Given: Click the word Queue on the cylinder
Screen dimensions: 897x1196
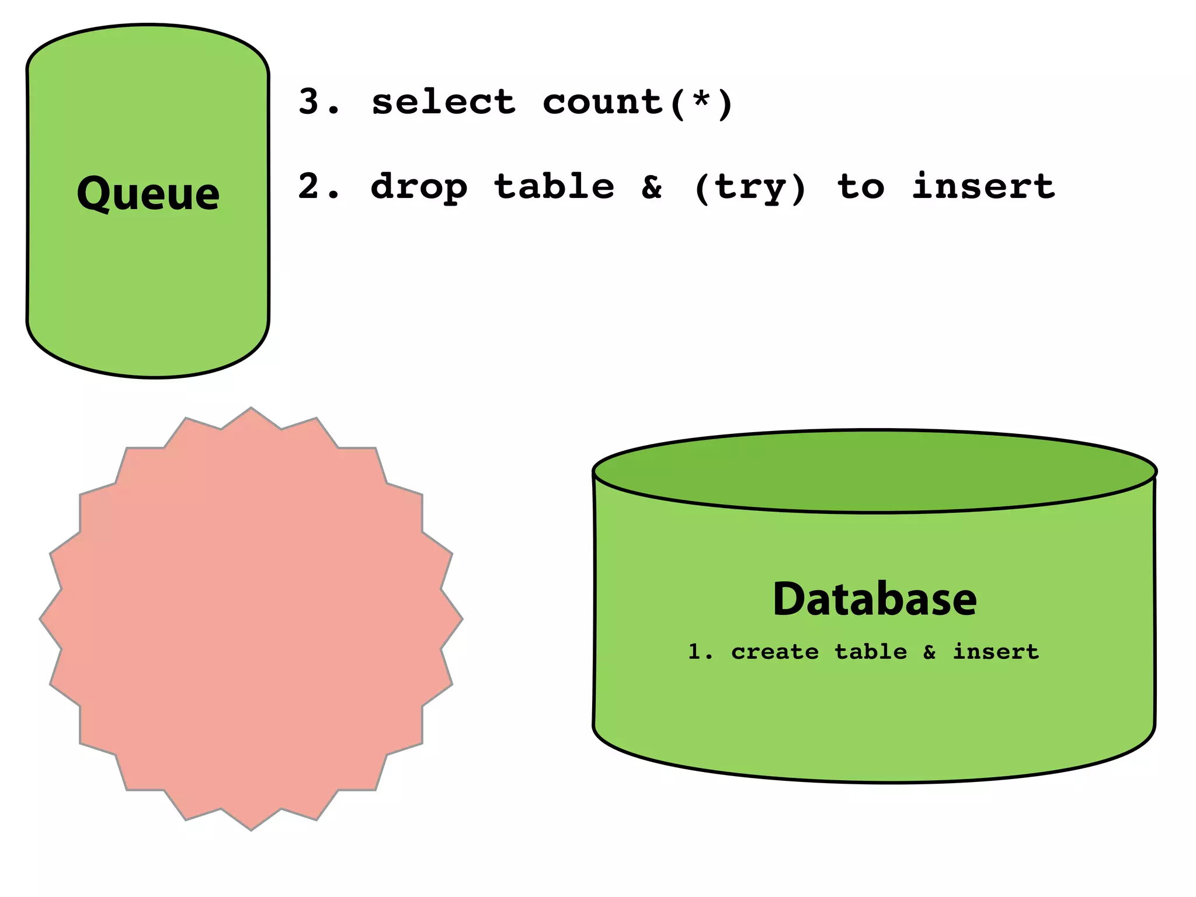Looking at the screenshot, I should pyautogui.click(x=148, y=193).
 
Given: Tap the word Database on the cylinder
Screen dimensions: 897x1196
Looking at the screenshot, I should pyautogui.click(x=874, y=599).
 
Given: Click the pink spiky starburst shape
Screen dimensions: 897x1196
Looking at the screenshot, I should pyautogui.click(x=251, y=619).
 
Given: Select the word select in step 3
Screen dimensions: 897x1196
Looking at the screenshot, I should pyautogui.click(x=444, y=102).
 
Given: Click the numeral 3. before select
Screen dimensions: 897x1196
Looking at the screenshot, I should pyautogui.click(x=318, y=102).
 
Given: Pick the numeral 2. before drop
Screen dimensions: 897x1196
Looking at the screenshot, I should pyautogui.click(x=318, y=187).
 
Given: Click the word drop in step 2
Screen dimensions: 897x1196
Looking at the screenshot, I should pyautogui.click(x=419, y=187).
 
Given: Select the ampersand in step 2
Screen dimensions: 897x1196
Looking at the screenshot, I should pyautogui.click(x=652, y=187).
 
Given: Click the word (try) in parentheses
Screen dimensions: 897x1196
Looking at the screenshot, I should pyautogui.click(x=750, y=187).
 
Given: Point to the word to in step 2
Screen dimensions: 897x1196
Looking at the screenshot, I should pyautogui.click(x=861, y=187).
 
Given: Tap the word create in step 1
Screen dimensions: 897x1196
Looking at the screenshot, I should pyautogui.click(x=774, y=651).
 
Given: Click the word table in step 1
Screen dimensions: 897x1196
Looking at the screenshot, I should pyautogui.click(x=871, y=651).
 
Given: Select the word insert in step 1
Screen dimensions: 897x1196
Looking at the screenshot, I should pyautogui.click(x=996, y=651).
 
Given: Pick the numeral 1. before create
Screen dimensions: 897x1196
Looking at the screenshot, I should pyautogui.click(x=700, y=651).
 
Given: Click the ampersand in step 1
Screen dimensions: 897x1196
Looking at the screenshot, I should pyautogui.click(x=930, y=652).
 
